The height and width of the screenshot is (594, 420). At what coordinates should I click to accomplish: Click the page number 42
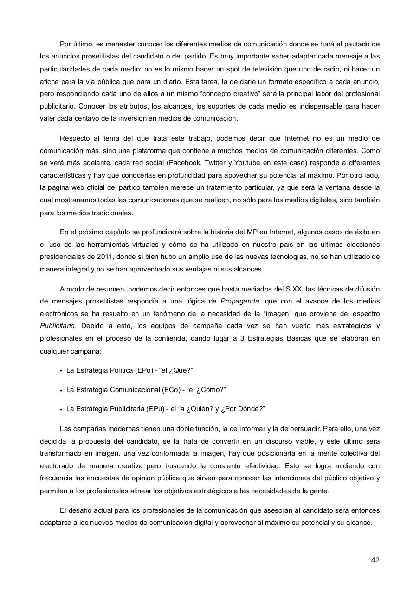375,560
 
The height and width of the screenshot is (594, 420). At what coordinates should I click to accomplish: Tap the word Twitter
215,163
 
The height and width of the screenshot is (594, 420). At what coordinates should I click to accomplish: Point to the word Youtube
247,163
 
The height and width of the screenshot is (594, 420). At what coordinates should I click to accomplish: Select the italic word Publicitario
58,326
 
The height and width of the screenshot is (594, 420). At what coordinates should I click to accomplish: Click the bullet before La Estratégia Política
61,371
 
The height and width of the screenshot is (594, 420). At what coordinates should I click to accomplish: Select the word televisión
270,69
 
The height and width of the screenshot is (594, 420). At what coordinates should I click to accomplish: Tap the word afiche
49,82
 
